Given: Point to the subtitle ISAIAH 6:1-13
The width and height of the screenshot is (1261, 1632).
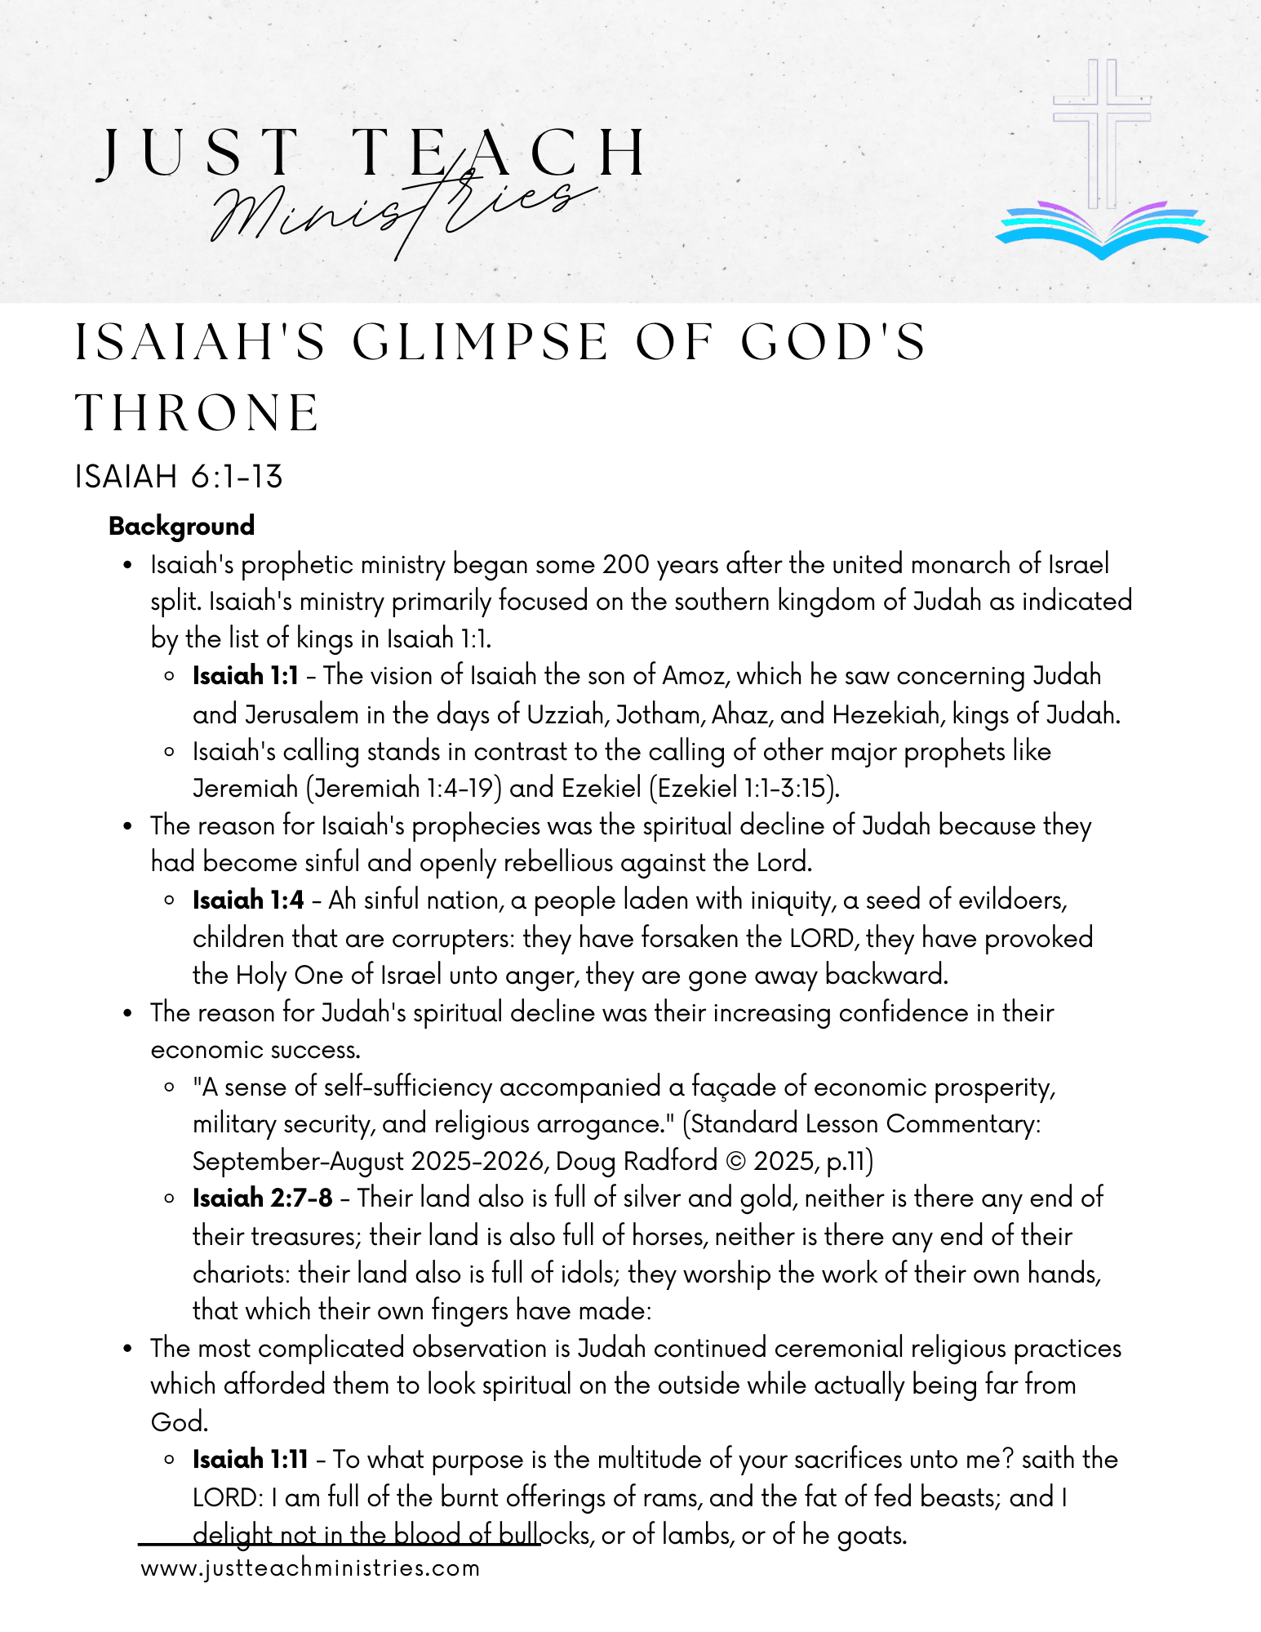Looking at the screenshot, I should [179, 477].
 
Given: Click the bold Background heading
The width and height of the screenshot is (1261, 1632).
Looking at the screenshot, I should [181, 526].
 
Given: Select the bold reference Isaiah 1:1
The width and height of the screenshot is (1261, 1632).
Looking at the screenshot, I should [245, 676].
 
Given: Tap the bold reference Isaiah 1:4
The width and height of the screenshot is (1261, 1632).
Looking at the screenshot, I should [248, 900].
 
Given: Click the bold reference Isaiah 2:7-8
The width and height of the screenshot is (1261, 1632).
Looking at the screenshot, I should [262, 1198].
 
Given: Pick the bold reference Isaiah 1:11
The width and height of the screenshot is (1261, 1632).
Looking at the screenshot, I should [250, 1460].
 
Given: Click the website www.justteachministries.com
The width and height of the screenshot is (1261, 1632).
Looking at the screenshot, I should [310, 1568].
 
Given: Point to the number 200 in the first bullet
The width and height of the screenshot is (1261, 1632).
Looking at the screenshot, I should [626, 564].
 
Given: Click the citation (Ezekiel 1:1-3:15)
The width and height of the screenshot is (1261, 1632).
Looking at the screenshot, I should [745, 789].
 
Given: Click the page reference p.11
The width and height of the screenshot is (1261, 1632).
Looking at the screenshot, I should [850, 1161].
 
